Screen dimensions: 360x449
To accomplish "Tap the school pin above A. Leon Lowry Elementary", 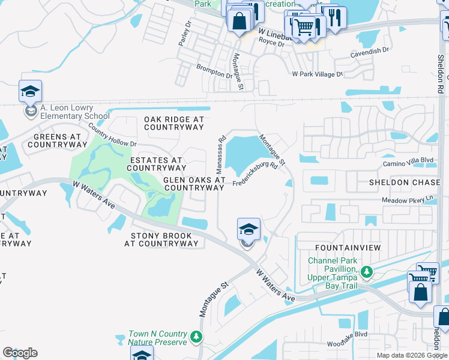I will click(30, 92).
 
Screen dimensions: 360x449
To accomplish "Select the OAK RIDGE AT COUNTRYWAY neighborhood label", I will click(174, 124).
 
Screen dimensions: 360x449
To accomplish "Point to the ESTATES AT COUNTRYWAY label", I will click(156, 164).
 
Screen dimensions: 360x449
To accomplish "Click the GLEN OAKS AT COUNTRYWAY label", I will click(194, 184).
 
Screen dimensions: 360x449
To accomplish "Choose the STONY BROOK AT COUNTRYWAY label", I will click(161, 240).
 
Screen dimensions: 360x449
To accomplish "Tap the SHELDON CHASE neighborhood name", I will click(405, 182).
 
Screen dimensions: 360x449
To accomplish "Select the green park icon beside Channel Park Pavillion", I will click(366, 274).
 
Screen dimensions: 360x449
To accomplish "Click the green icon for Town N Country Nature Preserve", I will click(196, 338).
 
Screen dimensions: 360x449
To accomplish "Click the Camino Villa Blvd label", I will click(408, 160).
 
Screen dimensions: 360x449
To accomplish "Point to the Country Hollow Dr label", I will click(112, 136).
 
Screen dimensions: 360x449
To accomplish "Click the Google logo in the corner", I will click(20, 353).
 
